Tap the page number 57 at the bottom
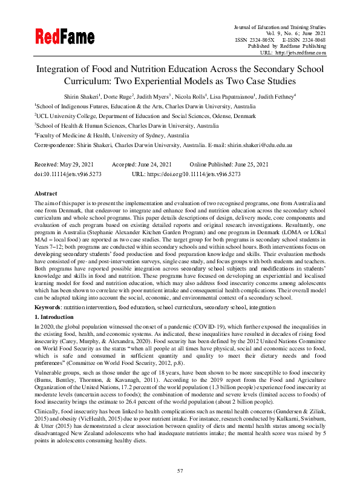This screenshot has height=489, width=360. pyautogui.click(x=180, y=470)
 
